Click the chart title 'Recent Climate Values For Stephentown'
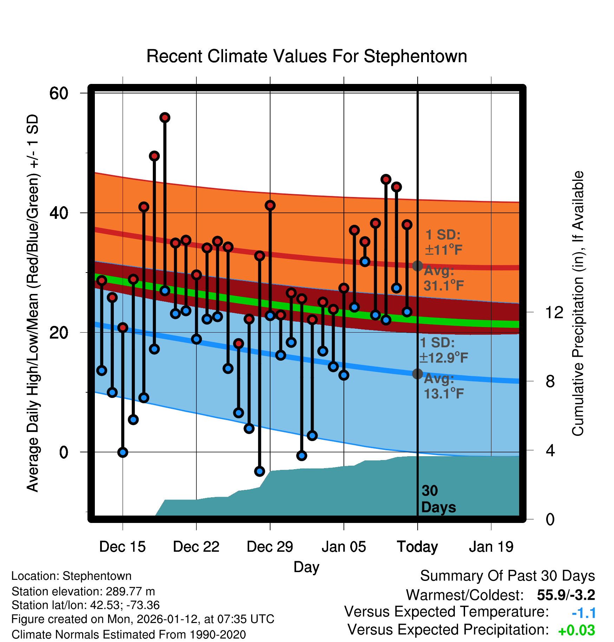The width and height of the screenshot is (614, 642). pyautogui.click(x=307, y=57)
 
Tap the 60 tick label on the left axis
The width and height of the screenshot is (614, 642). pyautogui.click(x=59, y=93)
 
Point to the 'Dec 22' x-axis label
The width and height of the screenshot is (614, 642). pyautogui.click(x=196, y=547)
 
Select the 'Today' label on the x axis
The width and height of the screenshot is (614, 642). pyautogui.click(x=417, y=547)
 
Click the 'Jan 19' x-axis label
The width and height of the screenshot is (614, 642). pyautogui.click(x=491, y=547)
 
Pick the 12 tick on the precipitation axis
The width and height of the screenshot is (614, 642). pyautogui.click(x=554, y=312)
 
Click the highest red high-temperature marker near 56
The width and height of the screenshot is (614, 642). pyautogui.click(x=165, y=118)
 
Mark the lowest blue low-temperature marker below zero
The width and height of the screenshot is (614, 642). pyautogui.click(x=260, y=471)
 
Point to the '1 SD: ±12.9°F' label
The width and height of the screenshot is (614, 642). pyautogui.click(x=443, y=350)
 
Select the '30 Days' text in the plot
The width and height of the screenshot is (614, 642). pyautogui.click(x=438, y=499)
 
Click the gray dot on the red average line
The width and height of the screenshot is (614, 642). pyautogui.click(x=417, y=266)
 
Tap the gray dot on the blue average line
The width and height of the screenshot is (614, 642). pyautogui.click(x=417, y=374)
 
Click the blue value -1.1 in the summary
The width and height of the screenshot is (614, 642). pyautogui.click(x=584, y=613)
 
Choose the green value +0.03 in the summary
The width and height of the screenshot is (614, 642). pyautogui.click(x=576, y=630)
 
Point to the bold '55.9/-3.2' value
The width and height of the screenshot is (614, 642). pyautogui.click(x=566, y=595)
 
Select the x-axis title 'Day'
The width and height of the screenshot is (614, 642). pyautogui.click(x=306, y=567)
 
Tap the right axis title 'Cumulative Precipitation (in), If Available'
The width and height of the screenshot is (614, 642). pyautogui.click(x=578, y=303)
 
